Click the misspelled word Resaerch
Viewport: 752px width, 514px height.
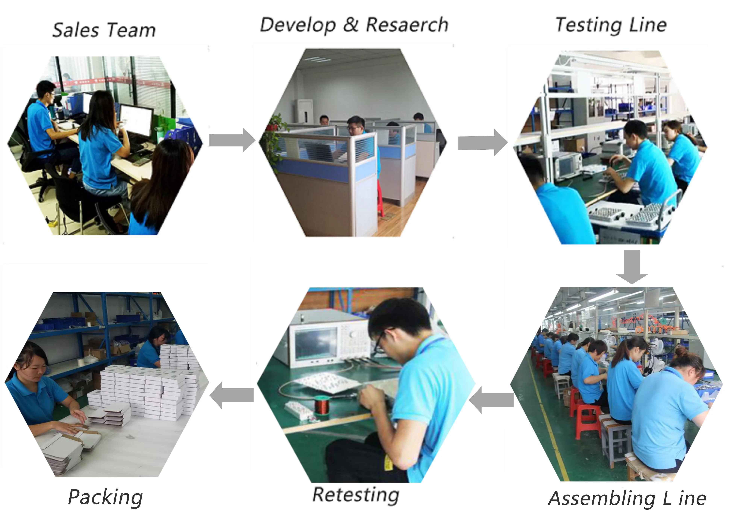click(407, 25)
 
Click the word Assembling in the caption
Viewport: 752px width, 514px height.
click(602, 498)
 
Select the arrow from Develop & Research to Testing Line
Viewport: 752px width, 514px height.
click(482, 143)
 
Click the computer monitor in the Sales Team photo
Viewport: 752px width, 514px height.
click(136, 120)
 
